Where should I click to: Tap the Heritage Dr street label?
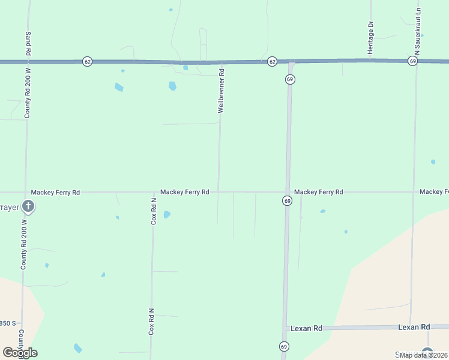click(371, 38)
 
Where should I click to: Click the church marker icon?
click(28, 207)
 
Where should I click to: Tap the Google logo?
click(20, 353)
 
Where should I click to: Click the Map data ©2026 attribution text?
click(424, 355)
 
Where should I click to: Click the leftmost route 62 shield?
click(88, 61)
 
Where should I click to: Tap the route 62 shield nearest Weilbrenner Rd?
click(272, 61)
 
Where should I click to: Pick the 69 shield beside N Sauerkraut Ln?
click(412, 61)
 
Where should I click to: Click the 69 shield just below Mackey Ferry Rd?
click(288, 201)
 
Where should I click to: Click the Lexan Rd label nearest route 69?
click(306, 328)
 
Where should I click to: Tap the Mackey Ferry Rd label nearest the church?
click(55, 193)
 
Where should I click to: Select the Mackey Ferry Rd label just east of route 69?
click(318, 192)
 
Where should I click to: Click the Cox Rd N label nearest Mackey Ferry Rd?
click(154, 211)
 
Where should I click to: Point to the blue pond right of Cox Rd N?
click(167, 214)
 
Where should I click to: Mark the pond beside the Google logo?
click(78, 348)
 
